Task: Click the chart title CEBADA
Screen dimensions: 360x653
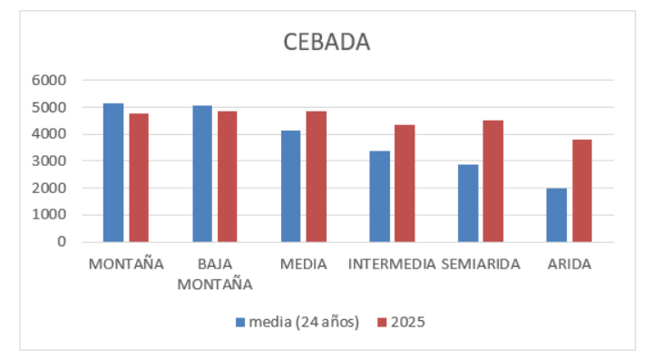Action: pos(326,43)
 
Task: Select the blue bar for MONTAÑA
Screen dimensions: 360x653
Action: pos(113,172)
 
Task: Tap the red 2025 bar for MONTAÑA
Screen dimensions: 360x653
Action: pos(139,178)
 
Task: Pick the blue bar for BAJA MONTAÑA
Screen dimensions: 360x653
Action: pos(202,174)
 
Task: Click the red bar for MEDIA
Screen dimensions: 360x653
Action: pos(317,177)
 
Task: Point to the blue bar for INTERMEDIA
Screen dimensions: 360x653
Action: pos(379,196)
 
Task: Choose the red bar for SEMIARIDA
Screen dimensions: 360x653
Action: pos(493,181)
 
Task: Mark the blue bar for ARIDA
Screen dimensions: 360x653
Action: pos(557,215)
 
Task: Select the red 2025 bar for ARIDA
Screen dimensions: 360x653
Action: pos(581,190)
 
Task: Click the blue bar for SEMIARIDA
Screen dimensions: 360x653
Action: pos(468,203)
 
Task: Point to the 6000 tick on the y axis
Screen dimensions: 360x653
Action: pos(49,81)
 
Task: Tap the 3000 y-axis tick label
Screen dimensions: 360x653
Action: pos(49,161)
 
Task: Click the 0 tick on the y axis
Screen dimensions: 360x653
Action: pos(61,242)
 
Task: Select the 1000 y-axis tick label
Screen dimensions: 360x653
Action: pos(49,215)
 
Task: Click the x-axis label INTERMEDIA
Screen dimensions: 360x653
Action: pos(392,265)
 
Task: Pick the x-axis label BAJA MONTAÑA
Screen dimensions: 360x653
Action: pos(214,274)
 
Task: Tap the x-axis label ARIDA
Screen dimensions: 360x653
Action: pos(570,265)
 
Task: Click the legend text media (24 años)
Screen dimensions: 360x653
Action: pos(304,322)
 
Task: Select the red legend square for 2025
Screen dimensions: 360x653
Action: pos(381,322)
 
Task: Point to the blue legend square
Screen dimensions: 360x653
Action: pos(240,322)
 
